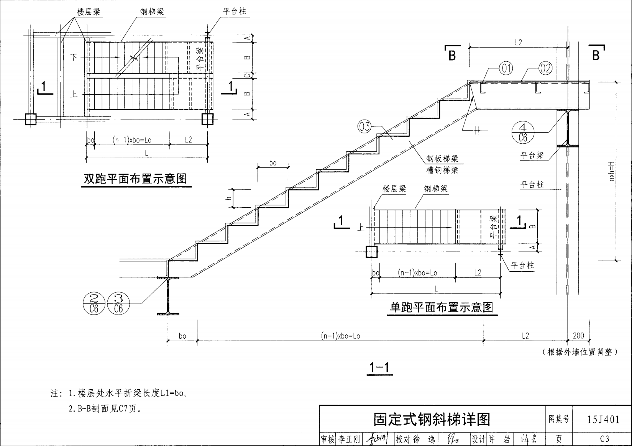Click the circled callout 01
point(506,69)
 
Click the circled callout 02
point(545,69)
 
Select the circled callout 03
point(364,126)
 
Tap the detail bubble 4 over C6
point(523,133)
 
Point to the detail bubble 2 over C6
point(94,303)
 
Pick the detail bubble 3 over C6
point(118,303)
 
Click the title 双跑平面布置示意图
point(135,179)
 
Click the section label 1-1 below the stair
point(379,367)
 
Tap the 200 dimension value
point(578,336)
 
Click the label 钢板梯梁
point(442,159)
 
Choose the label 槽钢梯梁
point(442,170)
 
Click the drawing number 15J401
point(603,420)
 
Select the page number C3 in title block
point(604,439)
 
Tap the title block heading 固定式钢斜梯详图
point(432,420)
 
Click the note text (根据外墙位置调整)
point(579,352)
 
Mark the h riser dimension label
point(228,198)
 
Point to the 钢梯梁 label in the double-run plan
point(152,12)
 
